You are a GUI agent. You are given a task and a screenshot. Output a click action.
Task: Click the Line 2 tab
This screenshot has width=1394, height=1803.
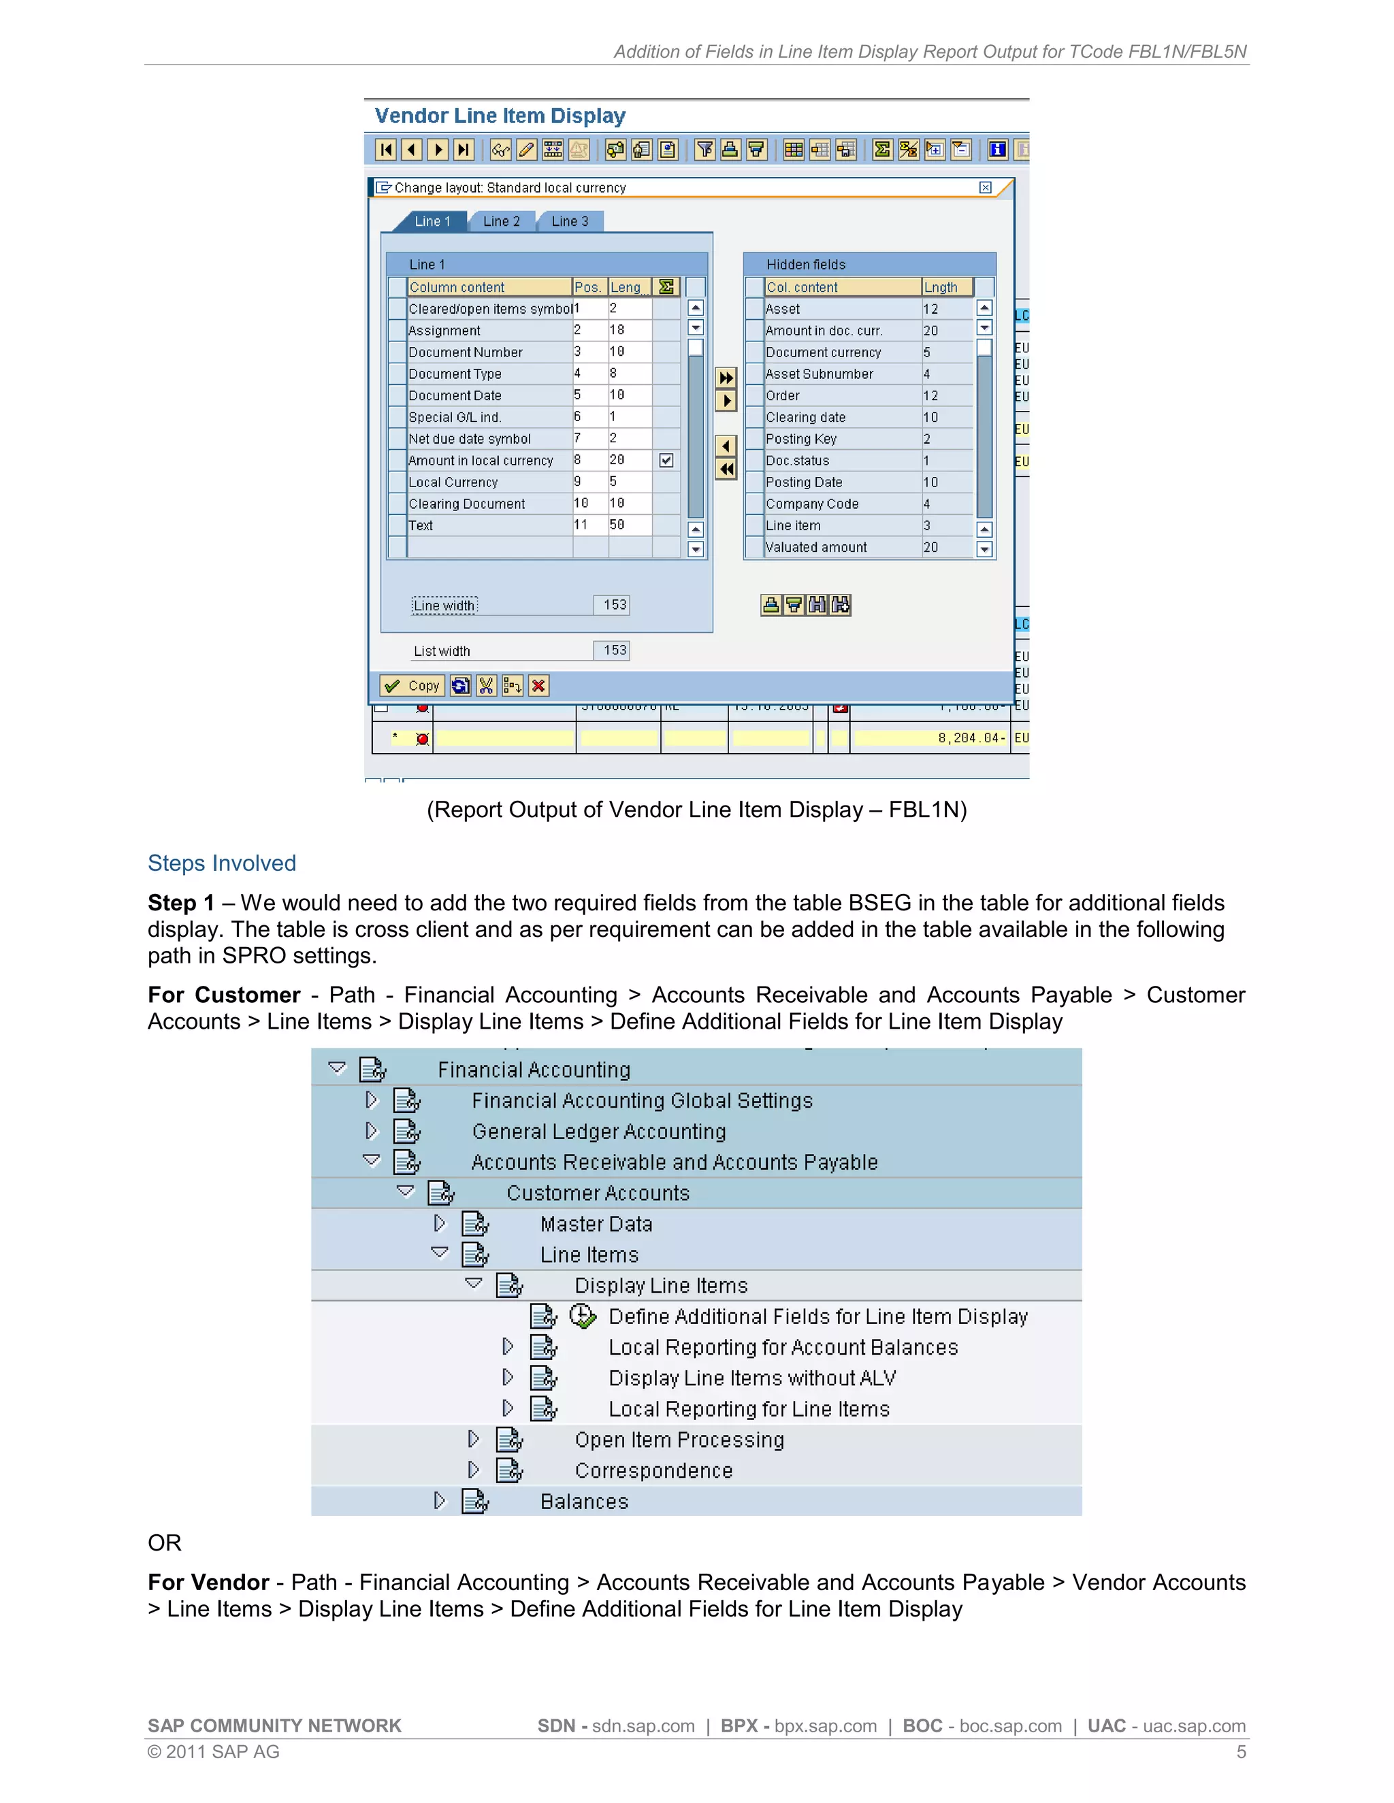click(501, 221)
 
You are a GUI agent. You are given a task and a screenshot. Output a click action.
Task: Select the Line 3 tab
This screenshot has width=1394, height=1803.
click(570, 221)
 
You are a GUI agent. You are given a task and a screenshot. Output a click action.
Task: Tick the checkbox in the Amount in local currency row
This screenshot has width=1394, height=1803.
click(666, 461)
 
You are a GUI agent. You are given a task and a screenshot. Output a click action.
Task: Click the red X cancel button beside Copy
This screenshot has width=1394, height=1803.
click(538, 686)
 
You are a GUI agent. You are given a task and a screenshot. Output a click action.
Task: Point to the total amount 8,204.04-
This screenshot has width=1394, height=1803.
click(971, 738)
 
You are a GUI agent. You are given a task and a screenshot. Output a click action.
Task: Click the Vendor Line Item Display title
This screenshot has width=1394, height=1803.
click(500, 116)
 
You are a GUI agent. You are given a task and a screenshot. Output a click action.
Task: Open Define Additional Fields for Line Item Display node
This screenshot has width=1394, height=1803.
click(817, 1317)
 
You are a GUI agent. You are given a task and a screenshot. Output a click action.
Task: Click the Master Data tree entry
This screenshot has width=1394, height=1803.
click(596, 1224)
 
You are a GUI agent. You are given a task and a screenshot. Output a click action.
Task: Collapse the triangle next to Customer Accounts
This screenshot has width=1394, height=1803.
click(406, 1191)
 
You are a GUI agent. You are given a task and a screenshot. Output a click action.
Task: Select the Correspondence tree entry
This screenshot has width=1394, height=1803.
click(653, 1471)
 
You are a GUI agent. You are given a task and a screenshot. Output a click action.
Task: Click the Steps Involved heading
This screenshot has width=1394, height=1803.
click(221, 863)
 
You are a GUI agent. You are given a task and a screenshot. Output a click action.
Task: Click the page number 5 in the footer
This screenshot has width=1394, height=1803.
click(1240, 1752)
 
